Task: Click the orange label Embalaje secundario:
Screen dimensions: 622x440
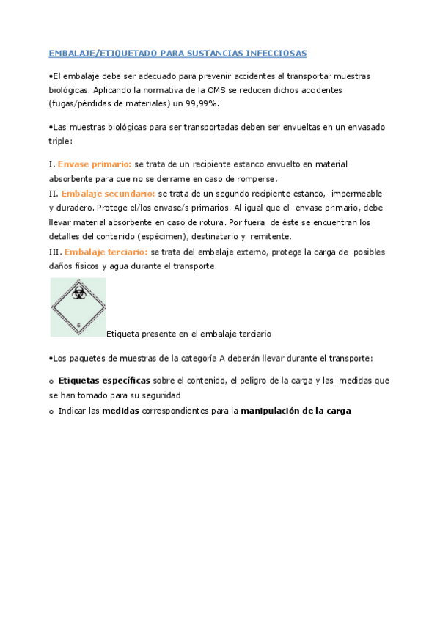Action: point(109,194)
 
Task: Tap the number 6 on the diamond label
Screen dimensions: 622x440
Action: point(78,323)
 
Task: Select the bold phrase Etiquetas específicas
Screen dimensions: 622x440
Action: point(104,381)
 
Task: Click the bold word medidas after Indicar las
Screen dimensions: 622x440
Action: point(120,411)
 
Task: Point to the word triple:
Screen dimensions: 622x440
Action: point(61,140)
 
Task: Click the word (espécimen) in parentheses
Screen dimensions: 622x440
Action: point(182,237)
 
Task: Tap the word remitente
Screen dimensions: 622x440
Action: point(271,237)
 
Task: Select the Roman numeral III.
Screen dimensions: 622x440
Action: point(55,252)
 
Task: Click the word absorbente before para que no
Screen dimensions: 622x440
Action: point(72,179)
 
